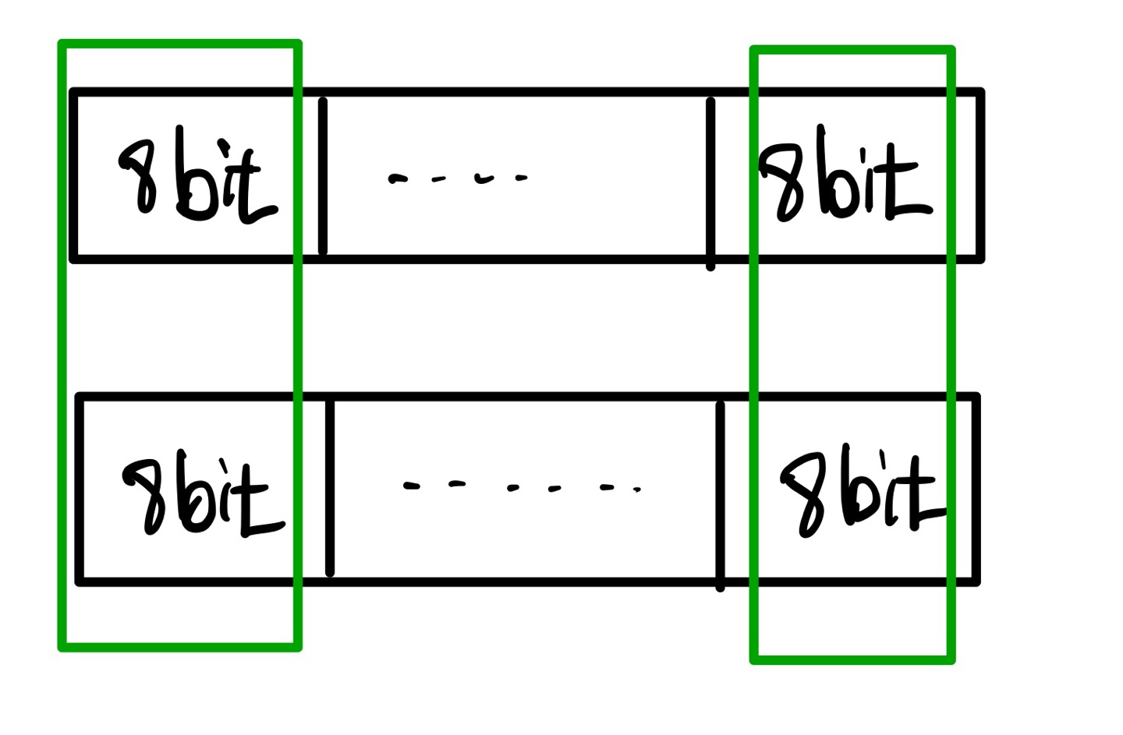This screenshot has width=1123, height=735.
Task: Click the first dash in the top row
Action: pyautogui.click(x=398, y=179)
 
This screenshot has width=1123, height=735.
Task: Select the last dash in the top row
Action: pyautogui.click(x=521, y=178)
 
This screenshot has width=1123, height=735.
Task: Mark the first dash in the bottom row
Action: pyautogui.click(x=411, y=486)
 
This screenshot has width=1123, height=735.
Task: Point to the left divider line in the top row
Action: pyautogui.click(x=323, y=176)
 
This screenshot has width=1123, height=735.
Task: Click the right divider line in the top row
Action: pyautogui.click(x=710, y=184)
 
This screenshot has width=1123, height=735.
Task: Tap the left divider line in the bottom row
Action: pyautogui.click(x=329, y=488)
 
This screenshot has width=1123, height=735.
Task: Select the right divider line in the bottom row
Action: pyautogui.click(x=720, y=496)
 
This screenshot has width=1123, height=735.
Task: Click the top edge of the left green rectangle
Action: pyautogui.click(x=179, y=44)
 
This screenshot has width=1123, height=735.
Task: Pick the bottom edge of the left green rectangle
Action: pyautogui.click(x=179, y=646)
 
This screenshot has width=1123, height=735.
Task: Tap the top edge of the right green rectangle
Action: pyautogui.click(x=852, y=51)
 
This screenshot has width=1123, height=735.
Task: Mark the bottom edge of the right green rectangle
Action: pyautogui.click(x=852, y=659)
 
